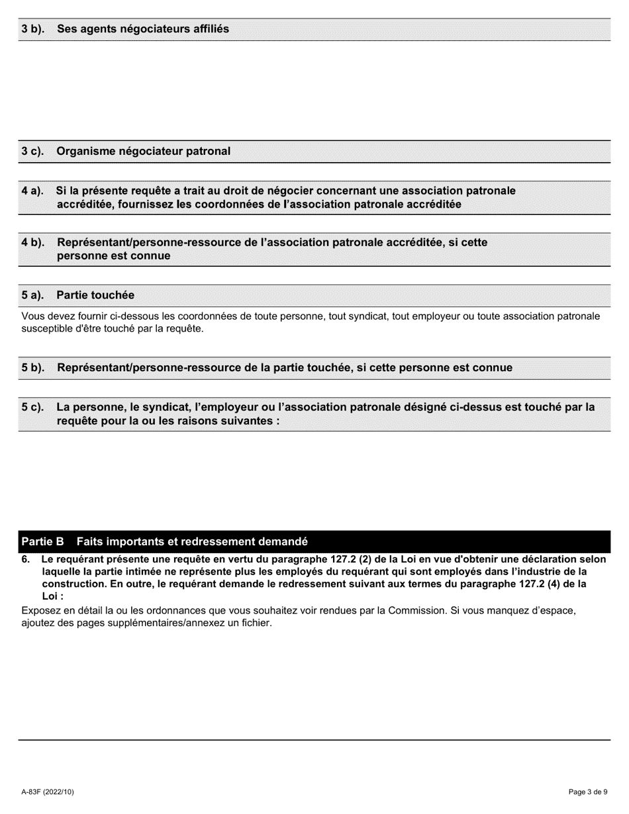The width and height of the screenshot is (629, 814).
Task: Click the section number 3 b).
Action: (x=32, y=29)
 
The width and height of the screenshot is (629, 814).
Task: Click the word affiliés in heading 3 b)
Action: (x=209, y=29)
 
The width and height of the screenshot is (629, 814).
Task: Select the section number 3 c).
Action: (x=32, y=152)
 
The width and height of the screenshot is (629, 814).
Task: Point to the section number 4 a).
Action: (x=32, y=191)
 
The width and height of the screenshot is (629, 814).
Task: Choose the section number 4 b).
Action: (x=32, y=243)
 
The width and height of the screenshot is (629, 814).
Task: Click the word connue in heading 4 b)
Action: (x=151, y=256)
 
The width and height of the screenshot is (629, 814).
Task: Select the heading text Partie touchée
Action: (x=95, y=295)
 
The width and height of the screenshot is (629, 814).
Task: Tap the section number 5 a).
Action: (x=32, y=295)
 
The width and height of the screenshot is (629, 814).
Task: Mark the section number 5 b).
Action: (x=32, y=368)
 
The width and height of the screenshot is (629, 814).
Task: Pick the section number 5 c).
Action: (x=32, y=408)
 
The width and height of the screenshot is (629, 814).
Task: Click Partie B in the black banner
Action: (x=42, y=542)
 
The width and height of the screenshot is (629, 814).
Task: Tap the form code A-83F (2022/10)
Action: (x=48, y=792)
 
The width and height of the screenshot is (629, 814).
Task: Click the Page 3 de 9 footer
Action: (x=588, y=792)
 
